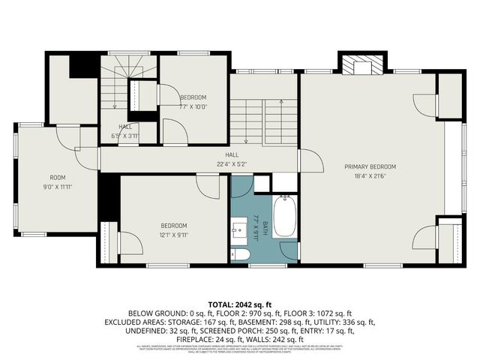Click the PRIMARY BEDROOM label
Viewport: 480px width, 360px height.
pos(370,166)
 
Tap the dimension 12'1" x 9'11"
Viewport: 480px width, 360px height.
pos(173,234)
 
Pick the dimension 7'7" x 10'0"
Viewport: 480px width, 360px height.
pos(193,106)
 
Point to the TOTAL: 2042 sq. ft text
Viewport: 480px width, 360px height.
pos(240,304)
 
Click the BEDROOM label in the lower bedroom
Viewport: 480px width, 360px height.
pos(173,226)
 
